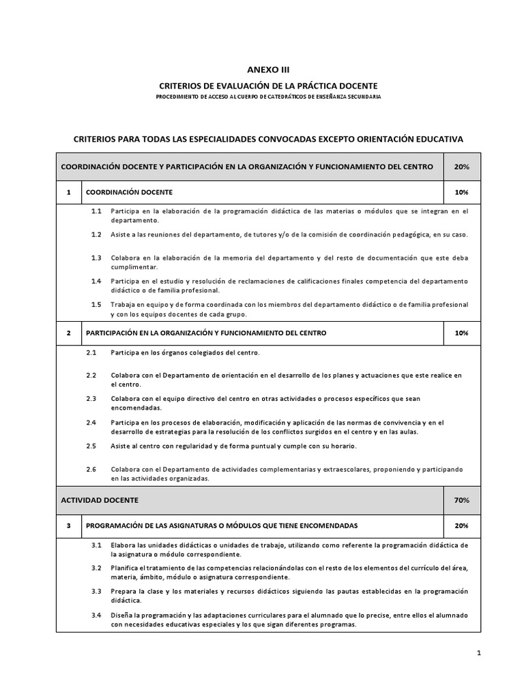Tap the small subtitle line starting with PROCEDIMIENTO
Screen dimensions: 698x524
click(x=267, y=97)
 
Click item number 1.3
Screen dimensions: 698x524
click(x=96, y=258)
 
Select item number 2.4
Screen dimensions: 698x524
click(x=91, y=422)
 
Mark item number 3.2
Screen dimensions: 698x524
click(x=96, y=568)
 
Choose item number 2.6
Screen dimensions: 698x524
click(x=91, y=469)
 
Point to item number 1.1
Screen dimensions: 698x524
click(x=96, y=211)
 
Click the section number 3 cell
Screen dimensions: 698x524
click(x=68, y=526)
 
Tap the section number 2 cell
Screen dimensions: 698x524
click(x=68, y=333)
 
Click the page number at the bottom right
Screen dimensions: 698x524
click(x=479, y=653)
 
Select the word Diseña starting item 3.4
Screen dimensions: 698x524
click(x=121, y=616)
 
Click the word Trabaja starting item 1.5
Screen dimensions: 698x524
click(x=123, y=305)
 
